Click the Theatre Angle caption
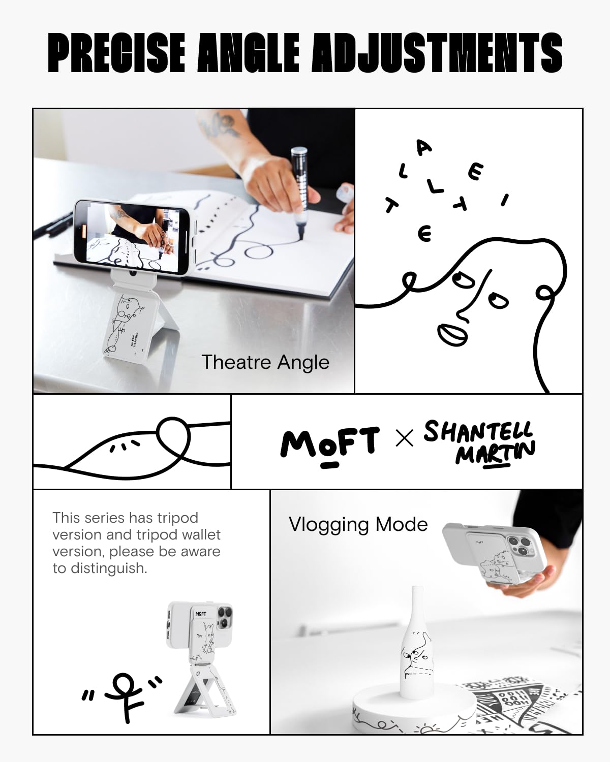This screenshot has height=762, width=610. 265,362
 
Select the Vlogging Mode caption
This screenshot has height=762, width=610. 358,524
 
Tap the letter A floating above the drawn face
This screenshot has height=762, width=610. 424,148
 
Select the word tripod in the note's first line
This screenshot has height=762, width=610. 177,518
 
